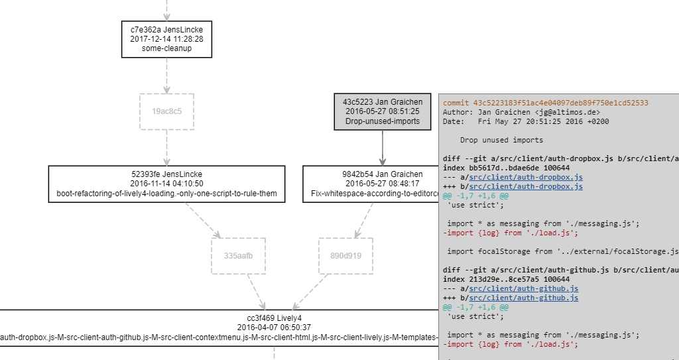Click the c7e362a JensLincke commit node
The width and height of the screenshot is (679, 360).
[x=166, y=39]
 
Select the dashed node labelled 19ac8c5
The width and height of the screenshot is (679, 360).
[x=166, y=111]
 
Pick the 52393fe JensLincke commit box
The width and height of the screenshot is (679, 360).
[x=166, y=184]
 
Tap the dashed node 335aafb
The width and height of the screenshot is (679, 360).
[x=238, y=256]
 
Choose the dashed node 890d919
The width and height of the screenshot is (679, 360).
[x=345, y=256]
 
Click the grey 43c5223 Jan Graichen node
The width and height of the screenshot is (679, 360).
[x=382, y=111]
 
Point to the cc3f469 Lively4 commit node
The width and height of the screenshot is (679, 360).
[x=219, y=328]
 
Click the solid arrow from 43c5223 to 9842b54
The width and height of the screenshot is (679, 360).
[x=383, y=147]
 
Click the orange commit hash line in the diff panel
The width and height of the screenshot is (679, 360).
[x=545, y=103]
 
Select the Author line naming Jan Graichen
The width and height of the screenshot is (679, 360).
[x=521, y=113]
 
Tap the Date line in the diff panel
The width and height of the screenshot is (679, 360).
[x=526, y=122]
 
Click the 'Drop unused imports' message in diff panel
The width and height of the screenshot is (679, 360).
[x=501, y=141]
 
